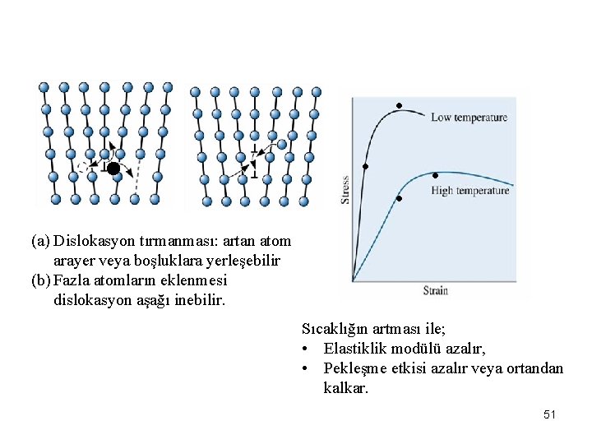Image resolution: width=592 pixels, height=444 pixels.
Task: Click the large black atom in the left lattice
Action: click(x=113, y=169)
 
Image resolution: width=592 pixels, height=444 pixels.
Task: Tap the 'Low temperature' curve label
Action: click(x=469, y=118)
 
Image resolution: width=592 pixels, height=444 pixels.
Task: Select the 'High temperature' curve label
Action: click(x=469, y=191)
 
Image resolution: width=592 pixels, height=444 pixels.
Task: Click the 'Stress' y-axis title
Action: click(x=345, y=190)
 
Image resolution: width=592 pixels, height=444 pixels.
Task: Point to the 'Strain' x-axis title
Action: click(x=435, y=290)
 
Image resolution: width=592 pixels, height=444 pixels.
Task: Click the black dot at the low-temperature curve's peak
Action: click(x=399, y=105)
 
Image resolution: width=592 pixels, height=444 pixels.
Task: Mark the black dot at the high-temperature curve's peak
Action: click(x=435, y=175)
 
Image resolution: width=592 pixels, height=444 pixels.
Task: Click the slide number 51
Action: click(x=549, y=415)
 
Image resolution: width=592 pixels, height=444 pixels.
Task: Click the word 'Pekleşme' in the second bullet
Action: click(x=356, y=368)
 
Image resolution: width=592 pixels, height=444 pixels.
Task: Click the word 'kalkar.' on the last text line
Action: click(x=346, y=388)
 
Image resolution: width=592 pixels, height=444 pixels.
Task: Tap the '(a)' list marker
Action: click(x=40, y=241)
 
